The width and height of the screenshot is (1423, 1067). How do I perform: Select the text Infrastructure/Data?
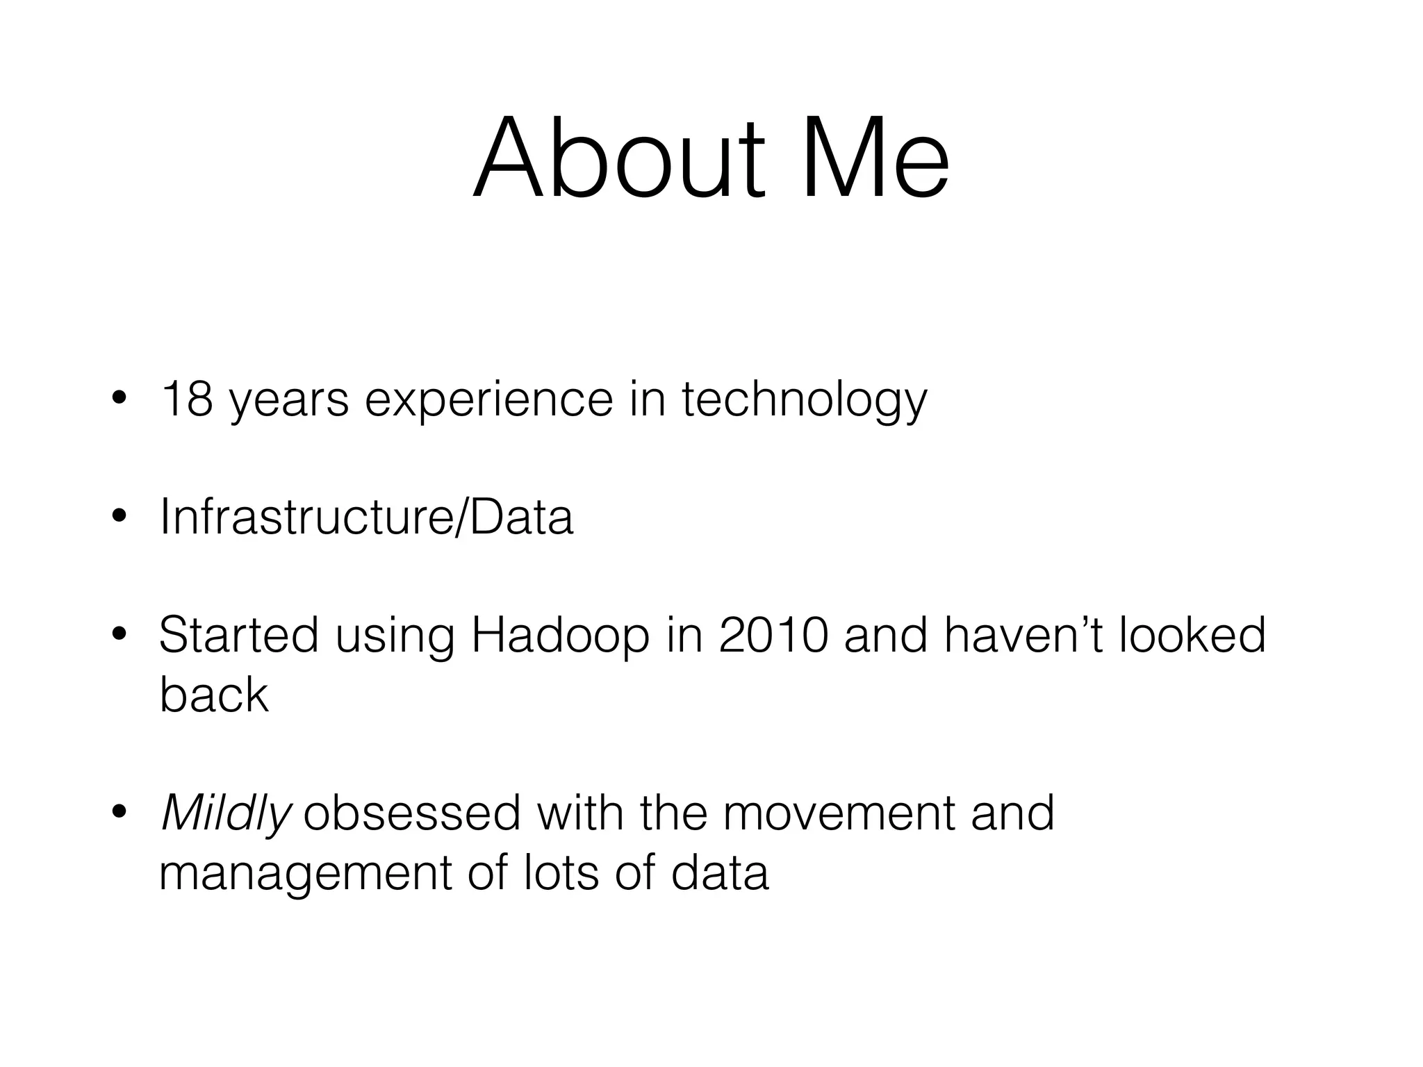pyautogui.click(x=366, y=518)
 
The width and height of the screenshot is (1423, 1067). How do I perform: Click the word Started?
pyautogui.click(x=238, y=635)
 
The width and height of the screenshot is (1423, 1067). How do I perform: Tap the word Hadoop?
pyautogui.click(x=559, y=636)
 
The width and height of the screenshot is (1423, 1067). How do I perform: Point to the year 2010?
pyautogui.click(x=773, y=635)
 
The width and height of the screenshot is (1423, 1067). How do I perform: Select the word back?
pyautogui.click(x=213, y=694)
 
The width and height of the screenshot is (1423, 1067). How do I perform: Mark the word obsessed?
pyautogui.click(x=412, y=813)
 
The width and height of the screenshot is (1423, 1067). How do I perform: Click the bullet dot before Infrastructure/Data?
pyautogui.click(x=119, y=518)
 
